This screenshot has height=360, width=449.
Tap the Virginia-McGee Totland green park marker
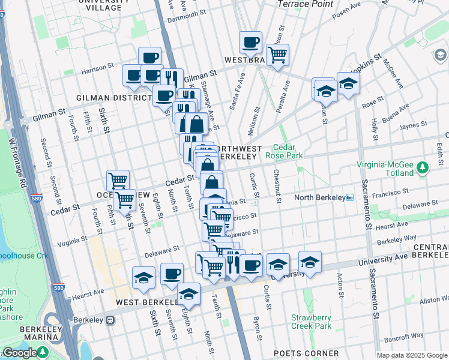point(423,167)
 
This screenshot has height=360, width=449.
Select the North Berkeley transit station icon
point(350,197)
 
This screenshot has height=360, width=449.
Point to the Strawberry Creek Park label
point(311,322)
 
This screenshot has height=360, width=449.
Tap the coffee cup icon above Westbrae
point(250,43)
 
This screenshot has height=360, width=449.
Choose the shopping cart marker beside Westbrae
point(277,55)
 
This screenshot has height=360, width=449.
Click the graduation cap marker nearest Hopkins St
point(348,83)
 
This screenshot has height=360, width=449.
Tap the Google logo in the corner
point(20,353)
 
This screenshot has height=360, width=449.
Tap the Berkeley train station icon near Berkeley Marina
point(110,320)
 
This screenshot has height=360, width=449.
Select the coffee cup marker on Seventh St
point(172,274)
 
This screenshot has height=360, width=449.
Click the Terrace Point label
point(306,4)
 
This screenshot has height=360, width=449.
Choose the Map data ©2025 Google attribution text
point(412,355)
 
